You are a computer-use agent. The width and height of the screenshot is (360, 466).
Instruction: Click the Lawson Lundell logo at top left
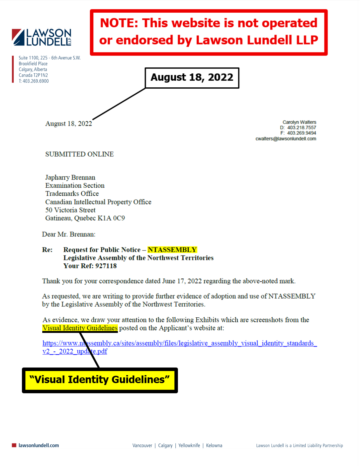point(42,37)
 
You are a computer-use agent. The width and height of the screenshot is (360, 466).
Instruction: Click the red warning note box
point(208,32)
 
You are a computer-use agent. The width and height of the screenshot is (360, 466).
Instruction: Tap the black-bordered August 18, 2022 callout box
point(192,78)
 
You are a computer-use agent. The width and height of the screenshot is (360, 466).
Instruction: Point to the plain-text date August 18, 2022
point(69,124)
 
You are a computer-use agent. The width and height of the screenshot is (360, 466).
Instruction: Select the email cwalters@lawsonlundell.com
point(286,138)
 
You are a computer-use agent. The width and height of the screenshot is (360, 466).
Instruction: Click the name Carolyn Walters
point(299,122)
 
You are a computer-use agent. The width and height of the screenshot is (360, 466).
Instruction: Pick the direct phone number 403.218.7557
point(302,127)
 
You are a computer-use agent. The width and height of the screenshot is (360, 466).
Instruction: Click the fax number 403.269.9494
point(302,133)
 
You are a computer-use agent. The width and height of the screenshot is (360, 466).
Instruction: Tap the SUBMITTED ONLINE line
point(79,154)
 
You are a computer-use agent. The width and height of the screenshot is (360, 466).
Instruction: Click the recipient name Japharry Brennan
point(70,177)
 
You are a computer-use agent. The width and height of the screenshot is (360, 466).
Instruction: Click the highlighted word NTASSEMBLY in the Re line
point(172,250)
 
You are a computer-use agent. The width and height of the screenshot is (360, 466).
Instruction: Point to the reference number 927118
point(106,266)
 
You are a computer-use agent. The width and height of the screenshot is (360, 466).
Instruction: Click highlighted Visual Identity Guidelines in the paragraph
point(80,328)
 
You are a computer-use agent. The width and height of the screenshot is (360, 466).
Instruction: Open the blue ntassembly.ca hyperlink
point(180,343)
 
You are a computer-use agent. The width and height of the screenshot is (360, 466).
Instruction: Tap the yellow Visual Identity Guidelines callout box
point(100,380)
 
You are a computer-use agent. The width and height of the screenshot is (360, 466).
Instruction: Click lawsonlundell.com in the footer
point(38,445)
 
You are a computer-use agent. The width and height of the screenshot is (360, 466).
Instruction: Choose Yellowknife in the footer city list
point(189,445)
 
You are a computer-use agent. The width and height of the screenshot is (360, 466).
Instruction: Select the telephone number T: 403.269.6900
point(34,81)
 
